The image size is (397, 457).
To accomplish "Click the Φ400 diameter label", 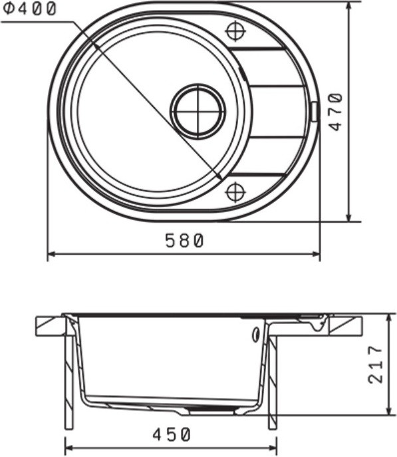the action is pos(29,9).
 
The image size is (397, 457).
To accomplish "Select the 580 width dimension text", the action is pos(184,241).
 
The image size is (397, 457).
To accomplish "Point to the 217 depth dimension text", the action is pos(375,364).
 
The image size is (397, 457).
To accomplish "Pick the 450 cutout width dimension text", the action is pos(172,434).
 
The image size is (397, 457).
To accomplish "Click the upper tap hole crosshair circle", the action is pos(235,31).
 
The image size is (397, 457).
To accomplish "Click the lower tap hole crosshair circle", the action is pos(235,192).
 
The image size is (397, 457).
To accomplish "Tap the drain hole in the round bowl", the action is pos(198,111).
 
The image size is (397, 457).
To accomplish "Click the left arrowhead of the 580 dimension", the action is pos(51,254).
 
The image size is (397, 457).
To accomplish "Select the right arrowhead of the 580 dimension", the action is pos(316,254).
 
